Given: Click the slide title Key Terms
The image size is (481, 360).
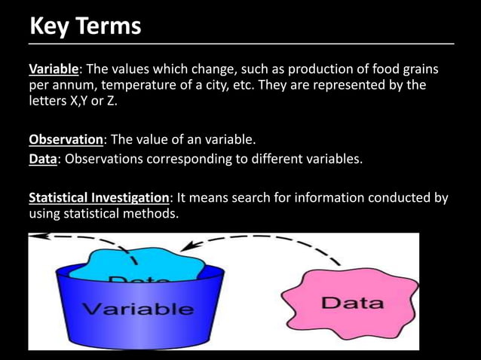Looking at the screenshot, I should (x=84, y=26).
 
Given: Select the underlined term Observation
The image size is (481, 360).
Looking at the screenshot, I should (x=66, y=140).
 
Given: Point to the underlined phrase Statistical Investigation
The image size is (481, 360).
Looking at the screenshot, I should (x=99, y=198).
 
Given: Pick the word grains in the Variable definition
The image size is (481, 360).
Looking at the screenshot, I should (x=418, y=70).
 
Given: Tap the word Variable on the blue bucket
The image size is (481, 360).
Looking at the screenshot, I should (x=137, y=309).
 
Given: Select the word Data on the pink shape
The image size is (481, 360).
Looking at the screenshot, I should (x=352, y=304).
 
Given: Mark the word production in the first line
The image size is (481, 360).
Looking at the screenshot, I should (x=329, y=70).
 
